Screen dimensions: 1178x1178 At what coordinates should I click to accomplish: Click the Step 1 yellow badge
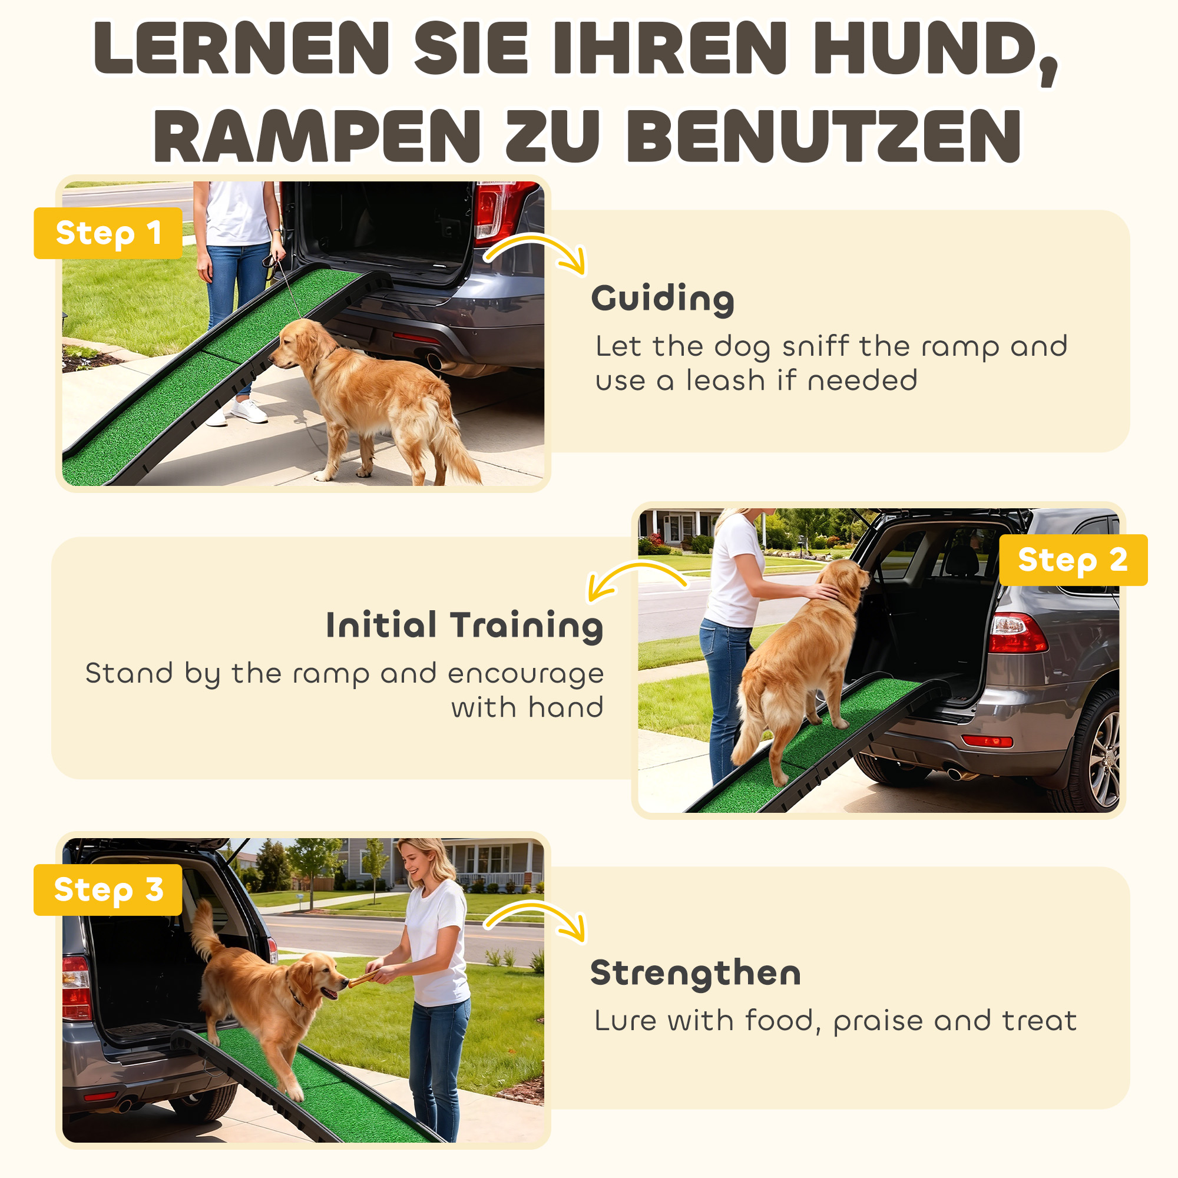tap(108, 233)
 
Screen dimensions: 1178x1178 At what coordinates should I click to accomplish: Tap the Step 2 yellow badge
tap(1073, 560)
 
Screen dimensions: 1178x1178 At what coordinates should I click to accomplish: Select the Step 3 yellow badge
tap(108, 889)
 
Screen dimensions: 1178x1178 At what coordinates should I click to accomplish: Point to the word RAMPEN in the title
tap(317, 137)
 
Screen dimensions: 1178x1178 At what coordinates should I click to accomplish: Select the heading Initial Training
tap(464, 625)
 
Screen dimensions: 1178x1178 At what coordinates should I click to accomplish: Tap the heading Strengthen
tap(695, 972)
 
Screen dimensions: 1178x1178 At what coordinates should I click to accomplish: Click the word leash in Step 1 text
tap(725, 380)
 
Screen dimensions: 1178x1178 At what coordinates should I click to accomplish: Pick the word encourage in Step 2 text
tap(525, 674)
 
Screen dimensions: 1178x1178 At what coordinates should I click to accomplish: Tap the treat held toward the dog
tap(361, 980)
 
